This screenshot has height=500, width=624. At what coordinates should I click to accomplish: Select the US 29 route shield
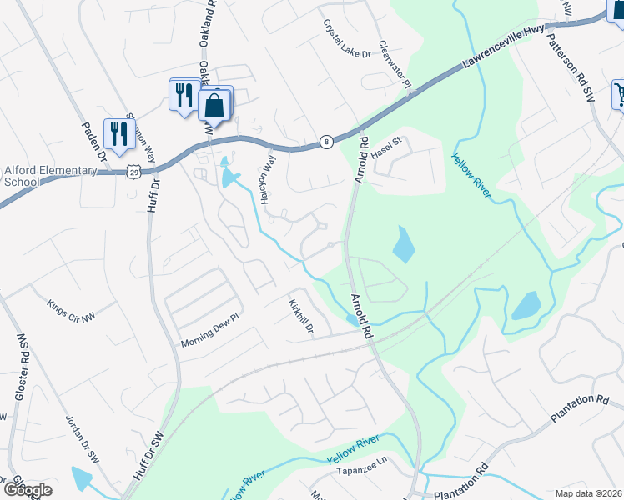(133, 171)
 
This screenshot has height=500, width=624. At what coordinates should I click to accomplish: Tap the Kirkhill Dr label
(300, 317)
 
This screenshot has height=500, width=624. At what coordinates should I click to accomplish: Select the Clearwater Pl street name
(395, 65)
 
